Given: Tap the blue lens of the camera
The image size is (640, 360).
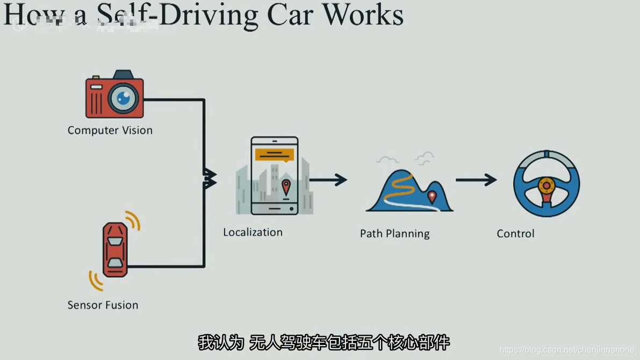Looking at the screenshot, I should click(124, 98).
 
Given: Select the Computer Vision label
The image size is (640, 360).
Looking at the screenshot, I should click(110, 130).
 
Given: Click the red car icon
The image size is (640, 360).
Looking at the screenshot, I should click(115, 250).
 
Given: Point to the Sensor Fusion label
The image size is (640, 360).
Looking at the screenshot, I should click(103, 305).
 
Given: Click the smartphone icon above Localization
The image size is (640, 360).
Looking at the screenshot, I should click(274, 176).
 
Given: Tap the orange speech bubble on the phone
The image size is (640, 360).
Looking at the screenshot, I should click(275, 155).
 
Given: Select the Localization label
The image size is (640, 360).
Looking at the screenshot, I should click(253, 232).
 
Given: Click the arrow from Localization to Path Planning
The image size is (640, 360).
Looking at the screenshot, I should click(328, 179).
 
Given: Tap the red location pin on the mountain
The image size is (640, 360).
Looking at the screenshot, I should click(432, 197).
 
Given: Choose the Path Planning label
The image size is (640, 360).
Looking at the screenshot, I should click(394, 234).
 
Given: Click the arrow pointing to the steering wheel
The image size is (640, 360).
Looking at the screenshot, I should click(476, 179).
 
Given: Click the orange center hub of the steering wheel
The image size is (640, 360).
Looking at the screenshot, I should click(546, 185).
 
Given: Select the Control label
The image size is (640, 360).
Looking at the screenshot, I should click(515, 234).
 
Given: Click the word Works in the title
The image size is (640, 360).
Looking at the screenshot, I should click(363, 15).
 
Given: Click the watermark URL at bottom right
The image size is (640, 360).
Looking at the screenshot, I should click(567, 350).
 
